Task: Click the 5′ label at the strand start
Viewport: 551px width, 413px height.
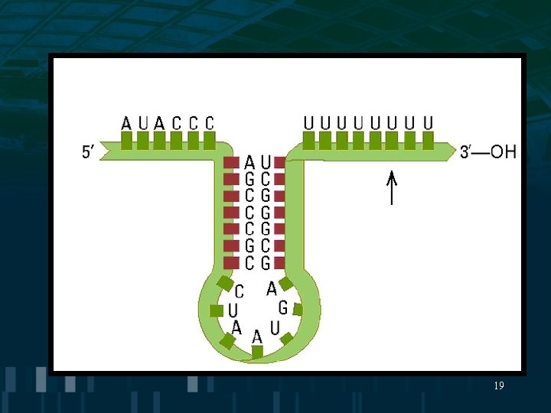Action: (88, 151)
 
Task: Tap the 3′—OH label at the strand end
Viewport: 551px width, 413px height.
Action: (488, 151)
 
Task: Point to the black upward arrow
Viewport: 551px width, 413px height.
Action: (392, 188)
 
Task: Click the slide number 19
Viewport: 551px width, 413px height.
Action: (499, 386)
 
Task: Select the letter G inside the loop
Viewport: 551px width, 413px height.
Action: (283, 307)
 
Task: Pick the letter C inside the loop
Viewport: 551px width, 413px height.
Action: (240, 291)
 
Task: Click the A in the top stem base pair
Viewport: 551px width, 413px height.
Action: (249, 162)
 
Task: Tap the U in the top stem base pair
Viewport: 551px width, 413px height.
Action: (266, 162)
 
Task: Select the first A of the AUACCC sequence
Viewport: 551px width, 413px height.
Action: (127, 122)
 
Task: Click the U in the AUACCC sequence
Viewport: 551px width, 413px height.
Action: (143, 122)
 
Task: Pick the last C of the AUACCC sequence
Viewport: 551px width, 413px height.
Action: (210, 122)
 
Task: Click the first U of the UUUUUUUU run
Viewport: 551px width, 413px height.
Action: (308, 122)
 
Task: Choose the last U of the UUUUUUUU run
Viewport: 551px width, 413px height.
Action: (428, 122)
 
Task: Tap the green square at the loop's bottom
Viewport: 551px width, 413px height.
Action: (258, 352)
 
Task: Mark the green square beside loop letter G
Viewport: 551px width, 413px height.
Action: (298, 310)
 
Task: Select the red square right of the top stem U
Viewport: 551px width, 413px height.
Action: (280, 163)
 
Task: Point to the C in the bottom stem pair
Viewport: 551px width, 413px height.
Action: (249, 263)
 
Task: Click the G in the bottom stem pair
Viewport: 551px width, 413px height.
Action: (266, 263)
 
